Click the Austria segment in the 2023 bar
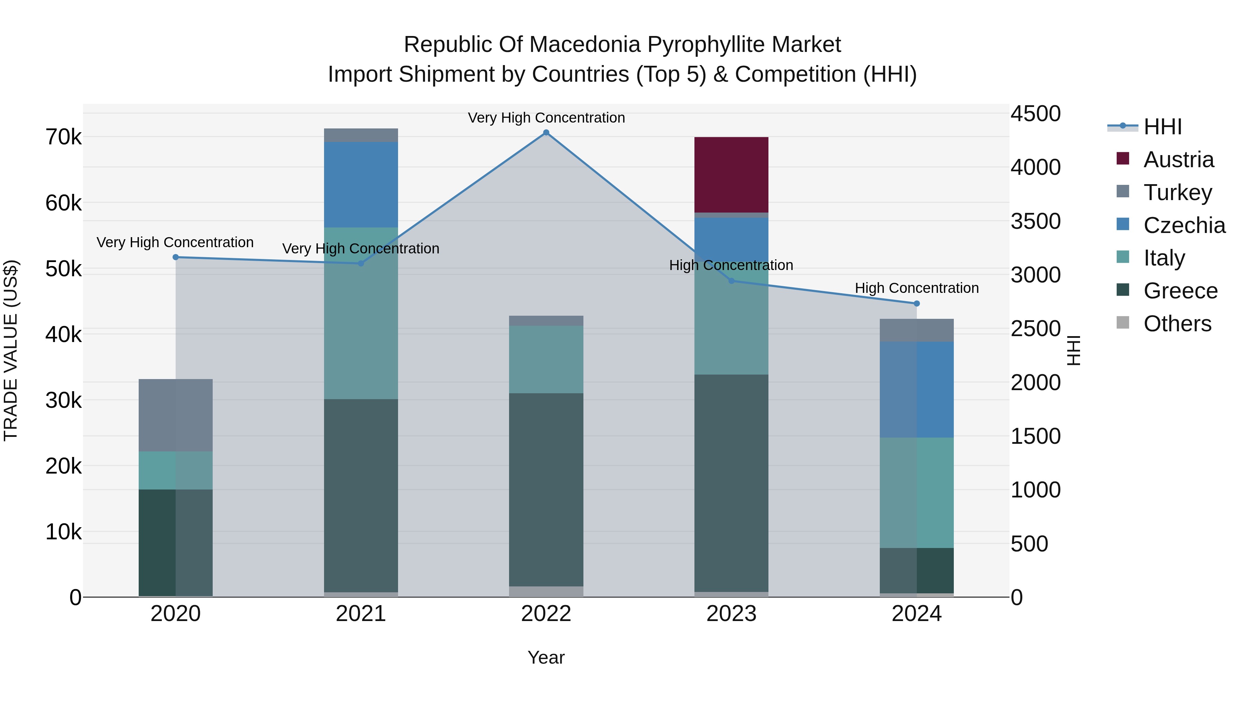[x=731, y=175]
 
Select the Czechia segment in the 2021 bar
[x=361, y=184]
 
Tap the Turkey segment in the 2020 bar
[x=175, y=415]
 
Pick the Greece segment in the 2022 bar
[x=546, y=489]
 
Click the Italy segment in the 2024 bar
[x=916, y=493]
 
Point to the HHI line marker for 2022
[x=546, y=133]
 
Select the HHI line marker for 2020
[x=175, y=257]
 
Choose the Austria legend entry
[x=1178, y=160]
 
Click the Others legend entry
[x=1177, y=324]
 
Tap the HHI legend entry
[x=1162, y=127]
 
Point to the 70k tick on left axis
[x=63, y=137]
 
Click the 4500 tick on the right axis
[x=1035, y=114]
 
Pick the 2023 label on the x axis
[x=731, y=614]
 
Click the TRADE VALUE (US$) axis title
[x=11, y=350]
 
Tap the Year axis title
[x=546, y=657]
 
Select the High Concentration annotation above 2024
[x=916, y=288]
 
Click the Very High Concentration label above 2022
[x=546, y=118]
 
